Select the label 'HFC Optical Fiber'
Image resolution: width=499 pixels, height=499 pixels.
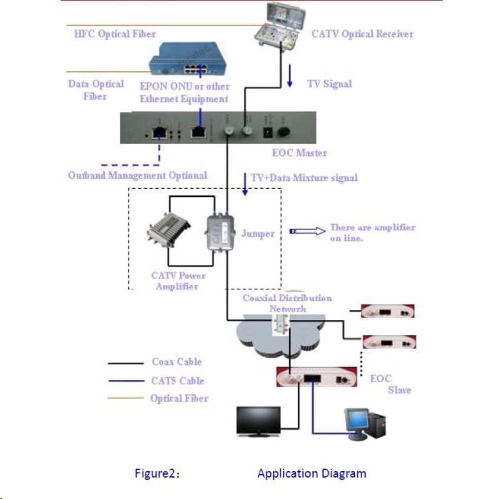pyautogui.click(x=115, y=34)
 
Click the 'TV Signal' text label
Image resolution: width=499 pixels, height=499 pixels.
pyautogui.click(x=329, y=83)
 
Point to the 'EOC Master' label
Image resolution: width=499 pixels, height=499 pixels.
pyautogui.click(x=299, y=153)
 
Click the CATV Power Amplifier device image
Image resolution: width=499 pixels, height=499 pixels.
pyautogui.click(x=170, y=234)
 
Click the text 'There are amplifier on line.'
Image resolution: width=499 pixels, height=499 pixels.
pyautogui.click(x=371, y=232)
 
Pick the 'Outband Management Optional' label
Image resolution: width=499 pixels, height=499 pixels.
pyautogui.click(x=138, y=175)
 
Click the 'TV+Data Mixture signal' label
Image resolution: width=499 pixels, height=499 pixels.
pyautogui.click(x=304, y=178)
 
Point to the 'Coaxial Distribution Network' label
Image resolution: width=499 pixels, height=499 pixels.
pyautogui.click(x=287, y=303)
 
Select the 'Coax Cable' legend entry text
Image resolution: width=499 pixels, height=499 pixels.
pyautogui.click(x=177, y=362)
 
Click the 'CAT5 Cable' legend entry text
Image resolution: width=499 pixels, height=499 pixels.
pyautogui.click(x=178, y=381)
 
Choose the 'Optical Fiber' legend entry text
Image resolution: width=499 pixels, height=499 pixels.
pyautogui.click(x=180, y=398)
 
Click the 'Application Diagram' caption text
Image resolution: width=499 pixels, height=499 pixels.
pyautogui.click(x=312, y=473)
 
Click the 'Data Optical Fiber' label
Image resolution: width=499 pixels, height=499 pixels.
pyautogui.click(x=96, y=90)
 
